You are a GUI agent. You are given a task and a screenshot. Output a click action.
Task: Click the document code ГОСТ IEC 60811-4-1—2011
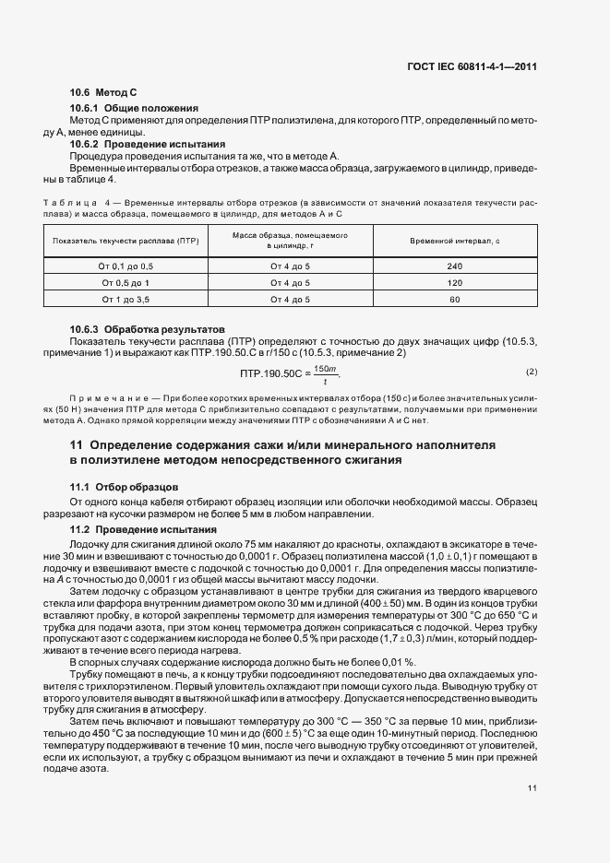click(x=472, y=66)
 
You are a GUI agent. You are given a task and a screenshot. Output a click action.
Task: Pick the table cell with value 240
click(x=454, y=266)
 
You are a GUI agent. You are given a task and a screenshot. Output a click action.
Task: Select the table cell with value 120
click(x=454, y=282)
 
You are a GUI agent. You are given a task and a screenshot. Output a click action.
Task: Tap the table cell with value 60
click(x=454, y=300)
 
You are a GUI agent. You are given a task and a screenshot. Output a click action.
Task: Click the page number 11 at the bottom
click(x=532, y=788)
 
